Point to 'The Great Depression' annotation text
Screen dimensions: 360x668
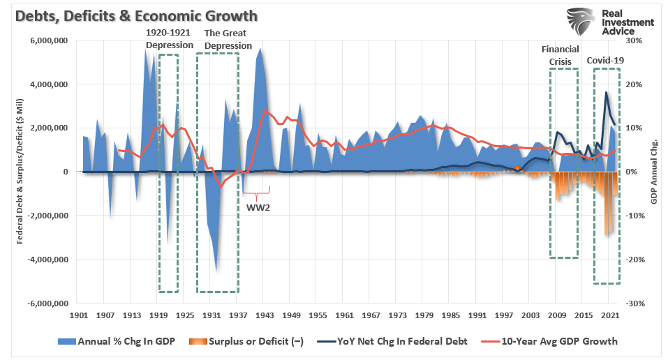227,39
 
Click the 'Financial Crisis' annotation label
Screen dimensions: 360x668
560,55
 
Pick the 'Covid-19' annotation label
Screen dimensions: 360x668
604,60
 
